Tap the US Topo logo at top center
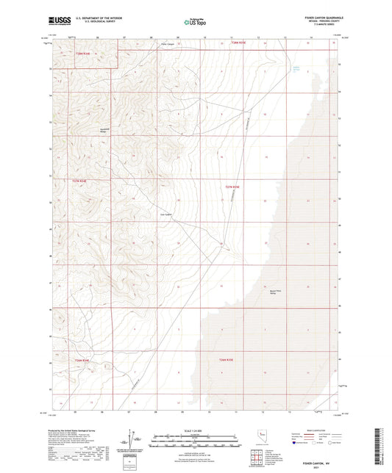pyautogui.click(x=194, y=22)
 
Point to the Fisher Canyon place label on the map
pyautogui.click(x=169, y=43)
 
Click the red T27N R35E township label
pyautogui.click(x=232, y=187)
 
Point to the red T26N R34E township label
pyautogui.click(x=82, y=361)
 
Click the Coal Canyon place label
pyautogui.click(x=166, y=214)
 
